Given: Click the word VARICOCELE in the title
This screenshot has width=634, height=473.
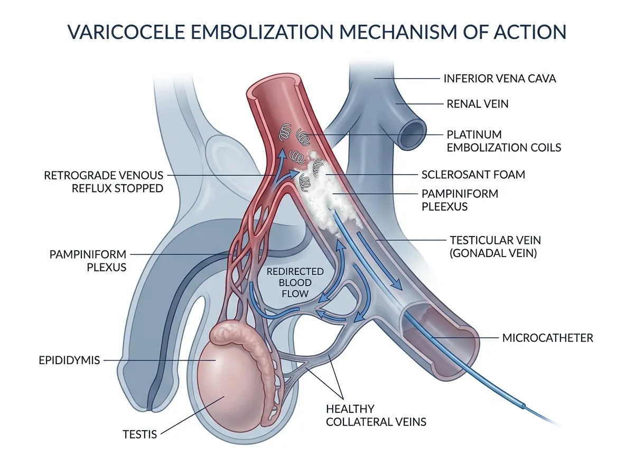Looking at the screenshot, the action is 126,32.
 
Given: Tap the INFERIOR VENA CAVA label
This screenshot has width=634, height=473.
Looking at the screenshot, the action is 500,79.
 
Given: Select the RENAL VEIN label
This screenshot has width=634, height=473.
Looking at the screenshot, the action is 478,104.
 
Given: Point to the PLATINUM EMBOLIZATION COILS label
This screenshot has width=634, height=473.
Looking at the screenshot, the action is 504,141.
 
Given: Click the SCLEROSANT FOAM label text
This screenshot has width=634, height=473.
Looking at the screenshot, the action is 473,175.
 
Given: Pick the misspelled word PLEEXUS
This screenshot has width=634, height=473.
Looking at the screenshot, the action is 444,206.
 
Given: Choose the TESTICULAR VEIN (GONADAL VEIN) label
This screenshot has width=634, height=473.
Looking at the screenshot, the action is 495,247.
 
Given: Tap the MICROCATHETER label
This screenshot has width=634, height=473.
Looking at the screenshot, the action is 548,338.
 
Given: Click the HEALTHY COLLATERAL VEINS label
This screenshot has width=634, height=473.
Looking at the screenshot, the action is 376,415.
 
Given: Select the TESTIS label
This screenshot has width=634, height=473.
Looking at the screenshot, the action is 140,434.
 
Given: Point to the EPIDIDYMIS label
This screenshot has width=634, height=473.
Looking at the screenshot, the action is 69,360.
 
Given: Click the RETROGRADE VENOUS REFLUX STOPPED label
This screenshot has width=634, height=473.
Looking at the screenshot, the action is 104,182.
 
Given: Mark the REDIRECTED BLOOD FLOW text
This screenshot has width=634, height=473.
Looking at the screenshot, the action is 295,282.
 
